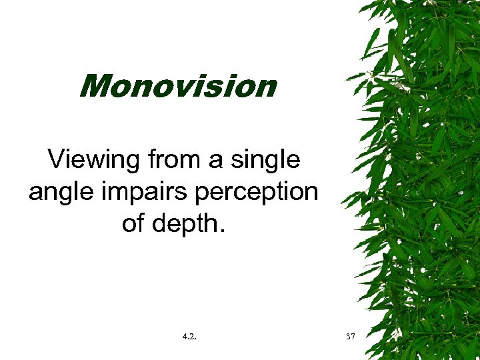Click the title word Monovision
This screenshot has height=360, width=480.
177,86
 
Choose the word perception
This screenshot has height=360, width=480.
255,193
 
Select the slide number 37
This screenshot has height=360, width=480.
351,337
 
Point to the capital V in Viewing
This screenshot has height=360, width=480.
57,160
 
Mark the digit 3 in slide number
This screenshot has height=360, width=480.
349,337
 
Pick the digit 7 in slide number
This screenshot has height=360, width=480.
354,337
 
